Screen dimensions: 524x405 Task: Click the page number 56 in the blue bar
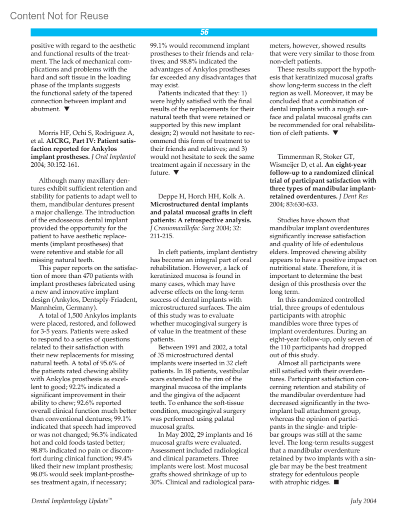(204, 32)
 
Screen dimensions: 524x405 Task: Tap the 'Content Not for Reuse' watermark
(59, 16)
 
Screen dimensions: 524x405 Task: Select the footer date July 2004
(363, 501)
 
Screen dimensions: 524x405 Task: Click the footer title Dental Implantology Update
(70, 501)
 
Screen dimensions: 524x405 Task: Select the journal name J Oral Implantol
(113, 157)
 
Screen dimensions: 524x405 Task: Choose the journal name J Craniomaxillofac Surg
(182, 228)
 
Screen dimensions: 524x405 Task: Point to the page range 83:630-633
(294, 204)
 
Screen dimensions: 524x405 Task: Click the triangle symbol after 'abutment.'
(67, 109)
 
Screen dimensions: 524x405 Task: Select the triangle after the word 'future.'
(176, 173)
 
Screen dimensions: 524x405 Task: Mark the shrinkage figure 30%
(157, 482)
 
